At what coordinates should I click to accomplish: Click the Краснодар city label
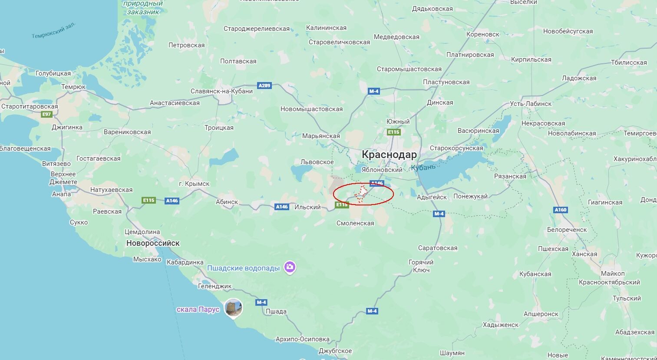tap(389, 155)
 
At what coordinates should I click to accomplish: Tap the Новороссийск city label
tap(153, 243)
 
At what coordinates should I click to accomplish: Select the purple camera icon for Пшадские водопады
tap(290, 267)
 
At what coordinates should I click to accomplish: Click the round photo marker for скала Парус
tap(234, 308)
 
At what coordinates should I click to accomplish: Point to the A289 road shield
tap(264, 86)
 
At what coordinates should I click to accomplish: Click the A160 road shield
tap(561, 210)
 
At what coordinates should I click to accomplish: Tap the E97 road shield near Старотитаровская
tap(46, 115)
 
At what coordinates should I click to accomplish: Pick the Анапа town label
tap(61, 194)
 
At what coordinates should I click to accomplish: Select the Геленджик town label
tap(215, 286)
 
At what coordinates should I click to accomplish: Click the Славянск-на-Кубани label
tap(221, 91)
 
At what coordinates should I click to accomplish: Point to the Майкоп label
tap(613, 274)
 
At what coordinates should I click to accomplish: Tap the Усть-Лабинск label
tap(531, 104)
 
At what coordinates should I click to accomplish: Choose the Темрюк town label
tap(73, 87)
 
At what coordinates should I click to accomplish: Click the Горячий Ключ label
tap(421, 266)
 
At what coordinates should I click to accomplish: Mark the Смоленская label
tap(355, 223)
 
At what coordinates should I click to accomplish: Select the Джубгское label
tap(335, 351)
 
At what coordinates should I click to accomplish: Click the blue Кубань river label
tap(423, 167)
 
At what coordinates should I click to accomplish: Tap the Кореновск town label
tap(483, 34)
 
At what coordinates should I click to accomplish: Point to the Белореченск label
tap(567, 230)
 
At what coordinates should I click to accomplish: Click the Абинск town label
tap(227, 202)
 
